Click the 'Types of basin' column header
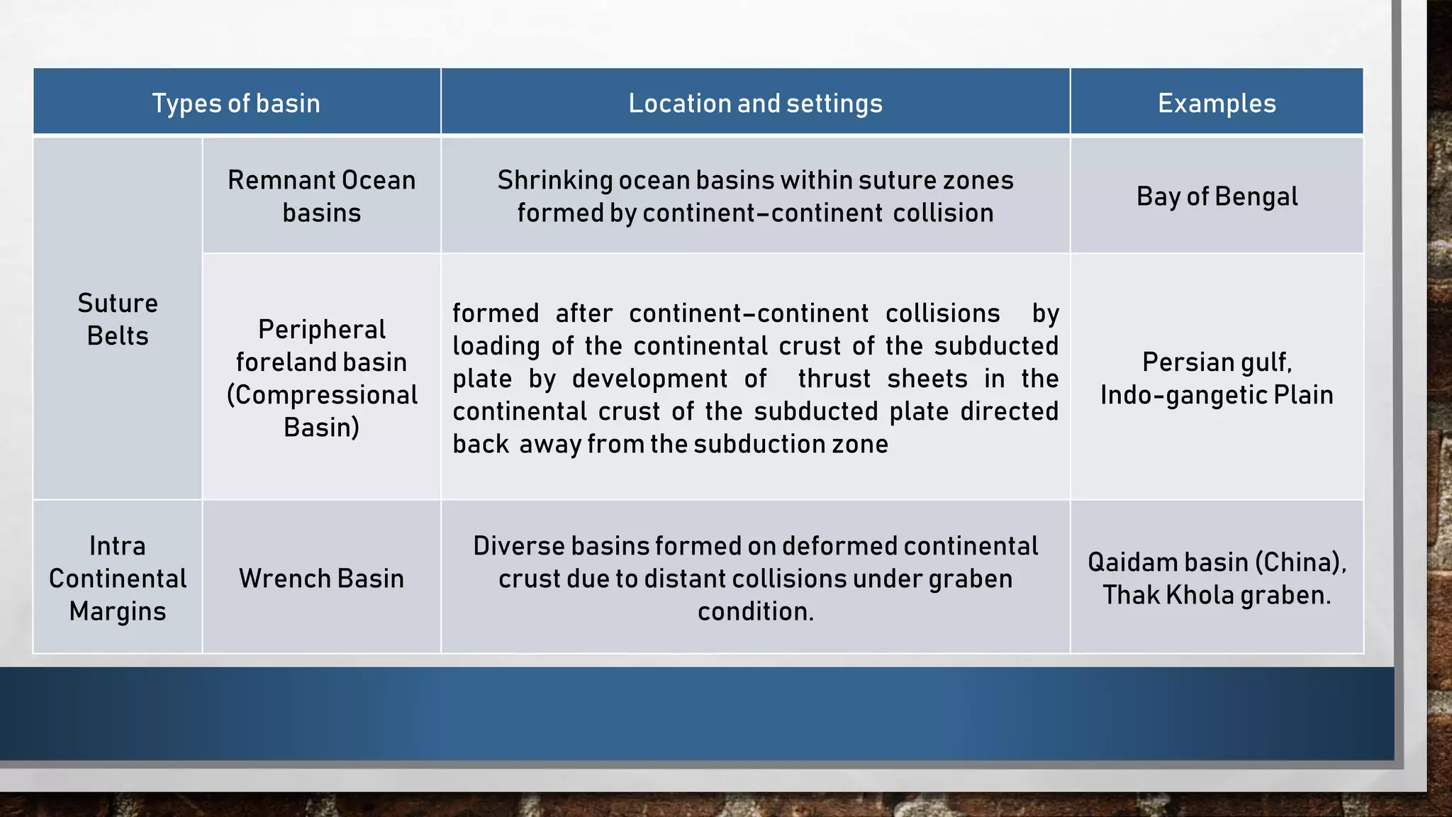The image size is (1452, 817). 236,104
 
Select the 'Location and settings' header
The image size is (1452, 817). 755,104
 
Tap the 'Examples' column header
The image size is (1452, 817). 1217,104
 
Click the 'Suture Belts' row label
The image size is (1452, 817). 117,319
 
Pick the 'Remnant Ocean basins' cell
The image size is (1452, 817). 321,196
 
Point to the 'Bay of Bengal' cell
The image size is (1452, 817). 1217,196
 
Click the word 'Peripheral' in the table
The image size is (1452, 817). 321,330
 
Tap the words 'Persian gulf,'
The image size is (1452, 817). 1217,362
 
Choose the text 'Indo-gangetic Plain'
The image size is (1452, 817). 1217,395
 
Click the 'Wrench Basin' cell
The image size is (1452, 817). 321,579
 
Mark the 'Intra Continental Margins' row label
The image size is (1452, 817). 117,579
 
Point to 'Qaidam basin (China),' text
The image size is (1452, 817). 1217,562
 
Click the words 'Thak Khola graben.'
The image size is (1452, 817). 1217,595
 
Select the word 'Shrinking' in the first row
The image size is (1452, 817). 554,180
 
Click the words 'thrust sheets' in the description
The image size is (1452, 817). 882,379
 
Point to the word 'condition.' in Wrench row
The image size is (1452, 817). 755,611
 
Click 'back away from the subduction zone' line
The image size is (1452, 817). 670,444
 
